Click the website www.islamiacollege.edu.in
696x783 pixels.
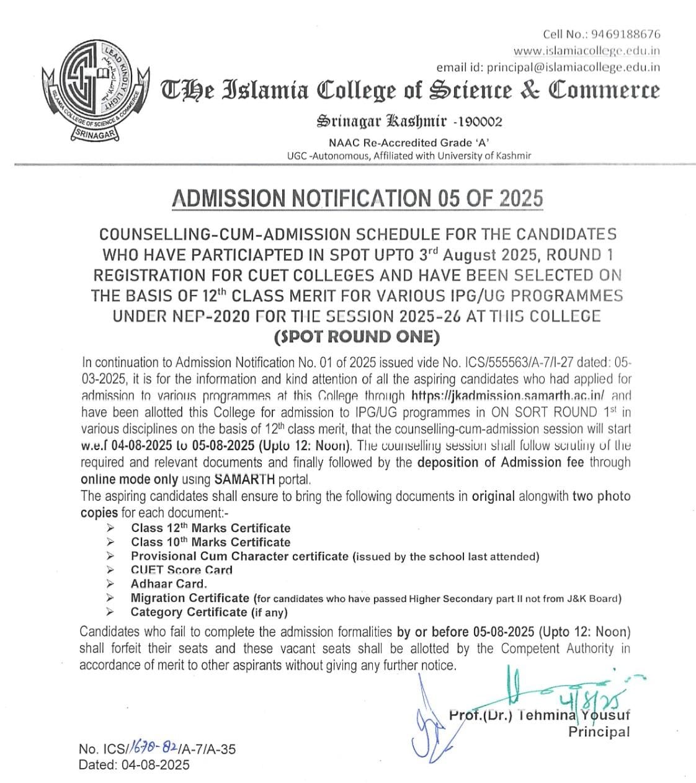coord(586,51)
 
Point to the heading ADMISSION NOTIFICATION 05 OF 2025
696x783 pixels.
coord(357,198)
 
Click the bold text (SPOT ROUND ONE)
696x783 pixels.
coord(357,337)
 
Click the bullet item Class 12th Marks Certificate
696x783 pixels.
coord(210,528)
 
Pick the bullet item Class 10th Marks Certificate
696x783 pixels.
coord(210,542)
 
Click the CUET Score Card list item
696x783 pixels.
coord(181,570)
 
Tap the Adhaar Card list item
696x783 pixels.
coord(169,584)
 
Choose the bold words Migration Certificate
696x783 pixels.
coord(189,598)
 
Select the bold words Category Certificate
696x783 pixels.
coord(188,613)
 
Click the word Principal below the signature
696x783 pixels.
coord(599,732)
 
